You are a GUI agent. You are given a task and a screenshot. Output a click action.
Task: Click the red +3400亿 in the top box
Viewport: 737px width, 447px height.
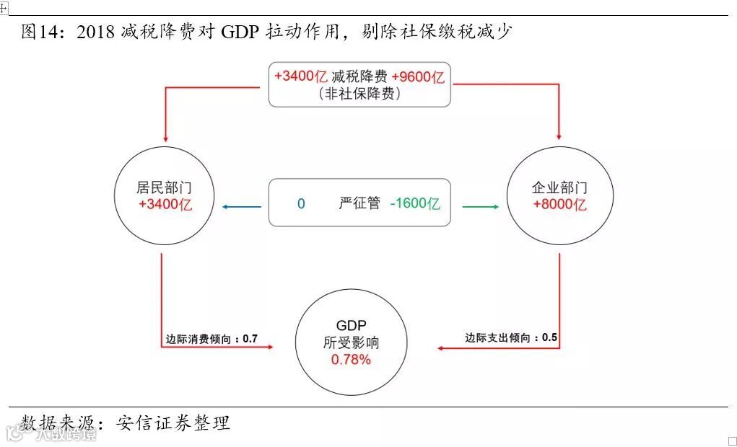[x=301, y=77]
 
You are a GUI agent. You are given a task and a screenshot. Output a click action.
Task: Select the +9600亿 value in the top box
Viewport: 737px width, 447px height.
[x=418, y=77]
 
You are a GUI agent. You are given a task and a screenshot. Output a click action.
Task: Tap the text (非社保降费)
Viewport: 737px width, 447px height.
[x=359, y=94]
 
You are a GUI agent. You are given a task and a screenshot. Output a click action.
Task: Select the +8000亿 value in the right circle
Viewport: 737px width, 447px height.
[x=560, y=205]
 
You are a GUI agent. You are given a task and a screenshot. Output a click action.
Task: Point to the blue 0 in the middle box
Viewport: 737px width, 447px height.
[x=301, y=204]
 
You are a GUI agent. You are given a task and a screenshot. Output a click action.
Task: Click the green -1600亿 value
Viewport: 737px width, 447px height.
[x=415, y=204]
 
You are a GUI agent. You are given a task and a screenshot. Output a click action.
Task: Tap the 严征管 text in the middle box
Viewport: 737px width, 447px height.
[x=359, y=204]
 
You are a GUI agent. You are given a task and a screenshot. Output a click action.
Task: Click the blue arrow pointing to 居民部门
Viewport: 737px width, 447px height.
[x=242, y=207]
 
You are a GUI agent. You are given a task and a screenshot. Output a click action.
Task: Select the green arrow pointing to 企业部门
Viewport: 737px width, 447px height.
[x=480, y=207]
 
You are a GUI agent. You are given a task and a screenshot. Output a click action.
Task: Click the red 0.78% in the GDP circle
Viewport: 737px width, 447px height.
[x=351, y=360]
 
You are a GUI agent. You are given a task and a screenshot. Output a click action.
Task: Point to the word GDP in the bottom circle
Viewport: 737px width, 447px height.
[x=352, y=326]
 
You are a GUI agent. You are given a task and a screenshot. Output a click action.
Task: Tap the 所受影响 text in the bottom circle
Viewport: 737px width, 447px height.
[x=352, y=343]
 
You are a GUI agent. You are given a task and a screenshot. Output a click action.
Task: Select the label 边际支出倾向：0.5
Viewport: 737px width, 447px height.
[x=511, y=337]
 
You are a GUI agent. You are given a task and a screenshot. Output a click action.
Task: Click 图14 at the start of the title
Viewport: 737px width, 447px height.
[x=39, y=32]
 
